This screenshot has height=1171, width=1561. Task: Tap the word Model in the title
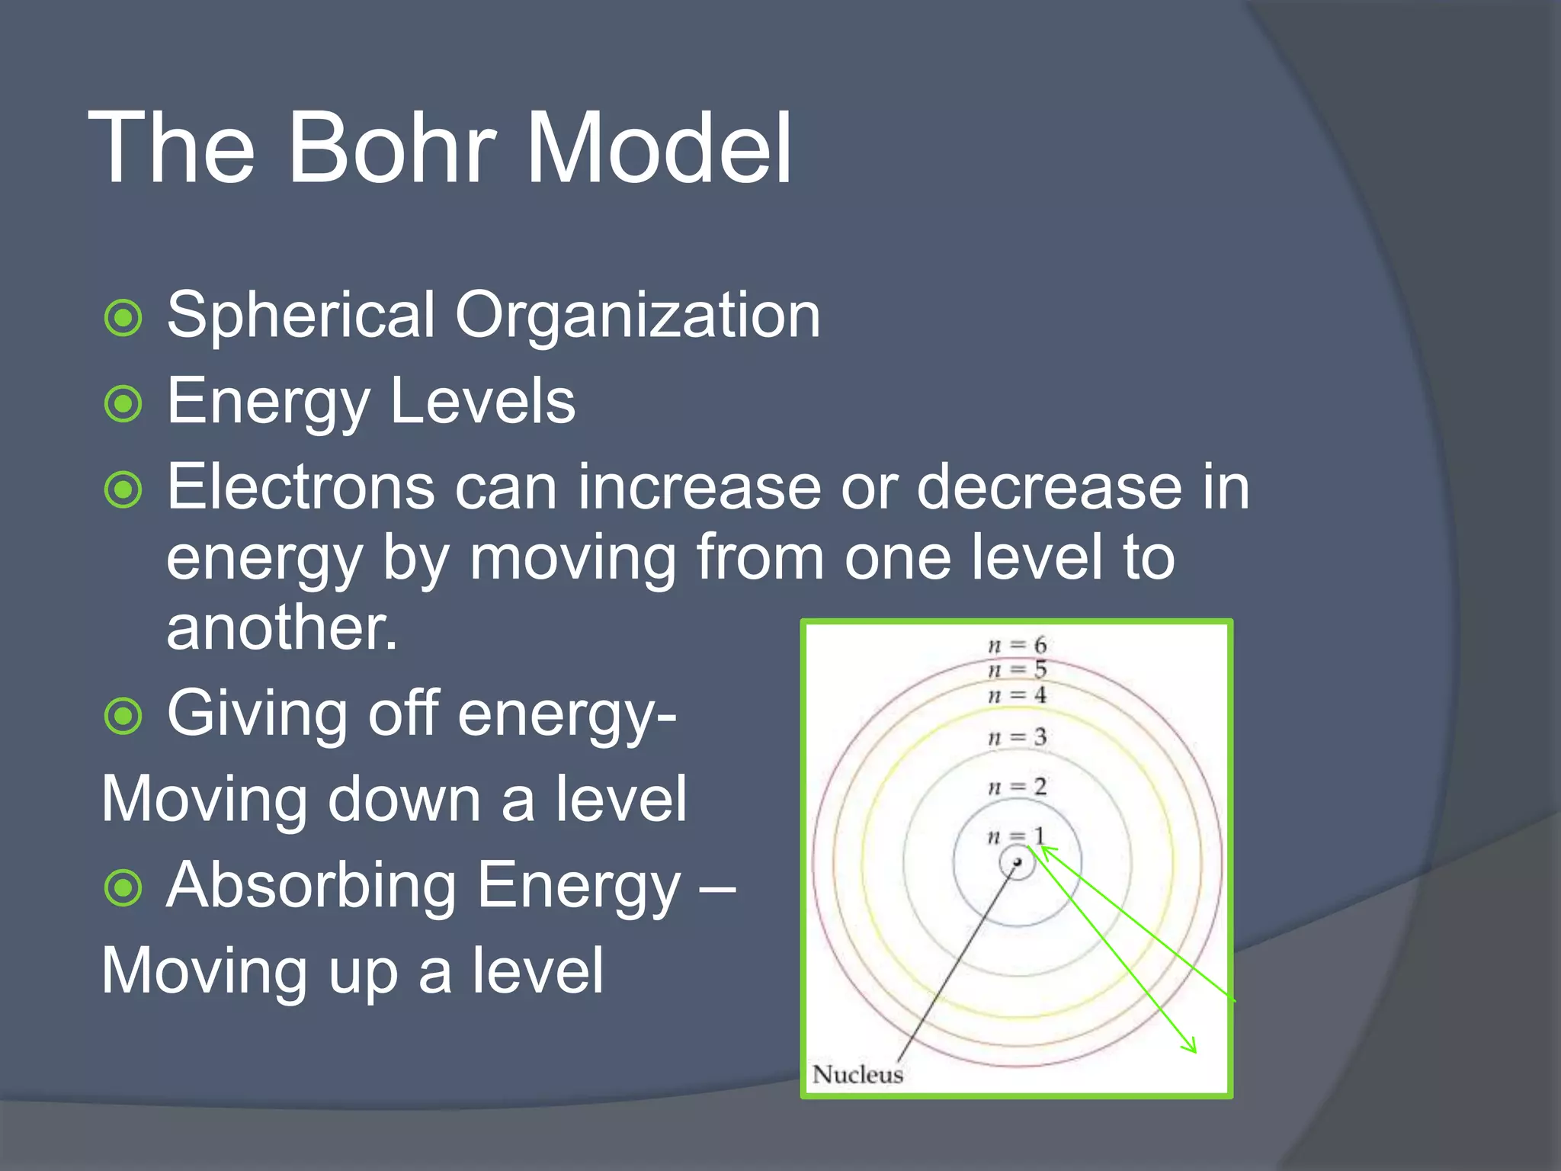click(x=659, y=148)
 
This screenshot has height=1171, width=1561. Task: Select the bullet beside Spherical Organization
click(x=123, y=318)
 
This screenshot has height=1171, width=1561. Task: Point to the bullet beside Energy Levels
click(x=123, y=404)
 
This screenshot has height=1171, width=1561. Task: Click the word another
click(x=281, y=628)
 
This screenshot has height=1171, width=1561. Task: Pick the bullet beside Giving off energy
click(x=123, y=717)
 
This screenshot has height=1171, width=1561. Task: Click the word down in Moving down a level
click(x=404, y=800)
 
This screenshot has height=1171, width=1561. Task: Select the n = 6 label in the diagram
click(x=1017, y=645)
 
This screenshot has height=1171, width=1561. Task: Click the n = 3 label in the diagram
click(x=1017, y=737)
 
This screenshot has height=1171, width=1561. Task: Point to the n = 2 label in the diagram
click(x=1017, y=787)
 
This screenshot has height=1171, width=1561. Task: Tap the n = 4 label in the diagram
click(x=1017, y=695)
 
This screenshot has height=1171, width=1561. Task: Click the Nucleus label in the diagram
click(x=857, y=1074)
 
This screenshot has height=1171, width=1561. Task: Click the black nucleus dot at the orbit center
click(x=1017, y=862)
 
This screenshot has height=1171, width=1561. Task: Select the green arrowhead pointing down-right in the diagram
click(x=1190, y=1047)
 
